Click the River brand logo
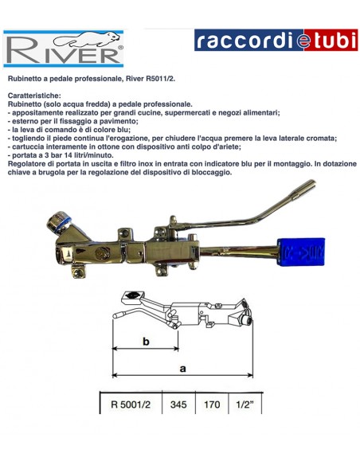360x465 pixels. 63,49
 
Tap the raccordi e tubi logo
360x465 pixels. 276,40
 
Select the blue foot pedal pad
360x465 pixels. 301,252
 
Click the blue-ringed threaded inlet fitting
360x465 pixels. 59,222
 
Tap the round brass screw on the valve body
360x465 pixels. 99,252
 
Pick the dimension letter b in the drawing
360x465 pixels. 146,342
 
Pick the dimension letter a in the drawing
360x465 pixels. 183,369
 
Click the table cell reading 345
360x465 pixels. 178,404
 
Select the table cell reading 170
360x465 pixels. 212,404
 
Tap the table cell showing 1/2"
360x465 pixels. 245,404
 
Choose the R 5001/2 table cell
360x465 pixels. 131,404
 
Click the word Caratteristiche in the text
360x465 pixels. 34,96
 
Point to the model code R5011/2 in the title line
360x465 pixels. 160,79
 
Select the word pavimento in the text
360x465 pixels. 122,121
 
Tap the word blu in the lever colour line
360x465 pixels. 124,130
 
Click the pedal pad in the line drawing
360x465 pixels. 132,296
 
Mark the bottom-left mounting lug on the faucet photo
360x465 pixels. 78,272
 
